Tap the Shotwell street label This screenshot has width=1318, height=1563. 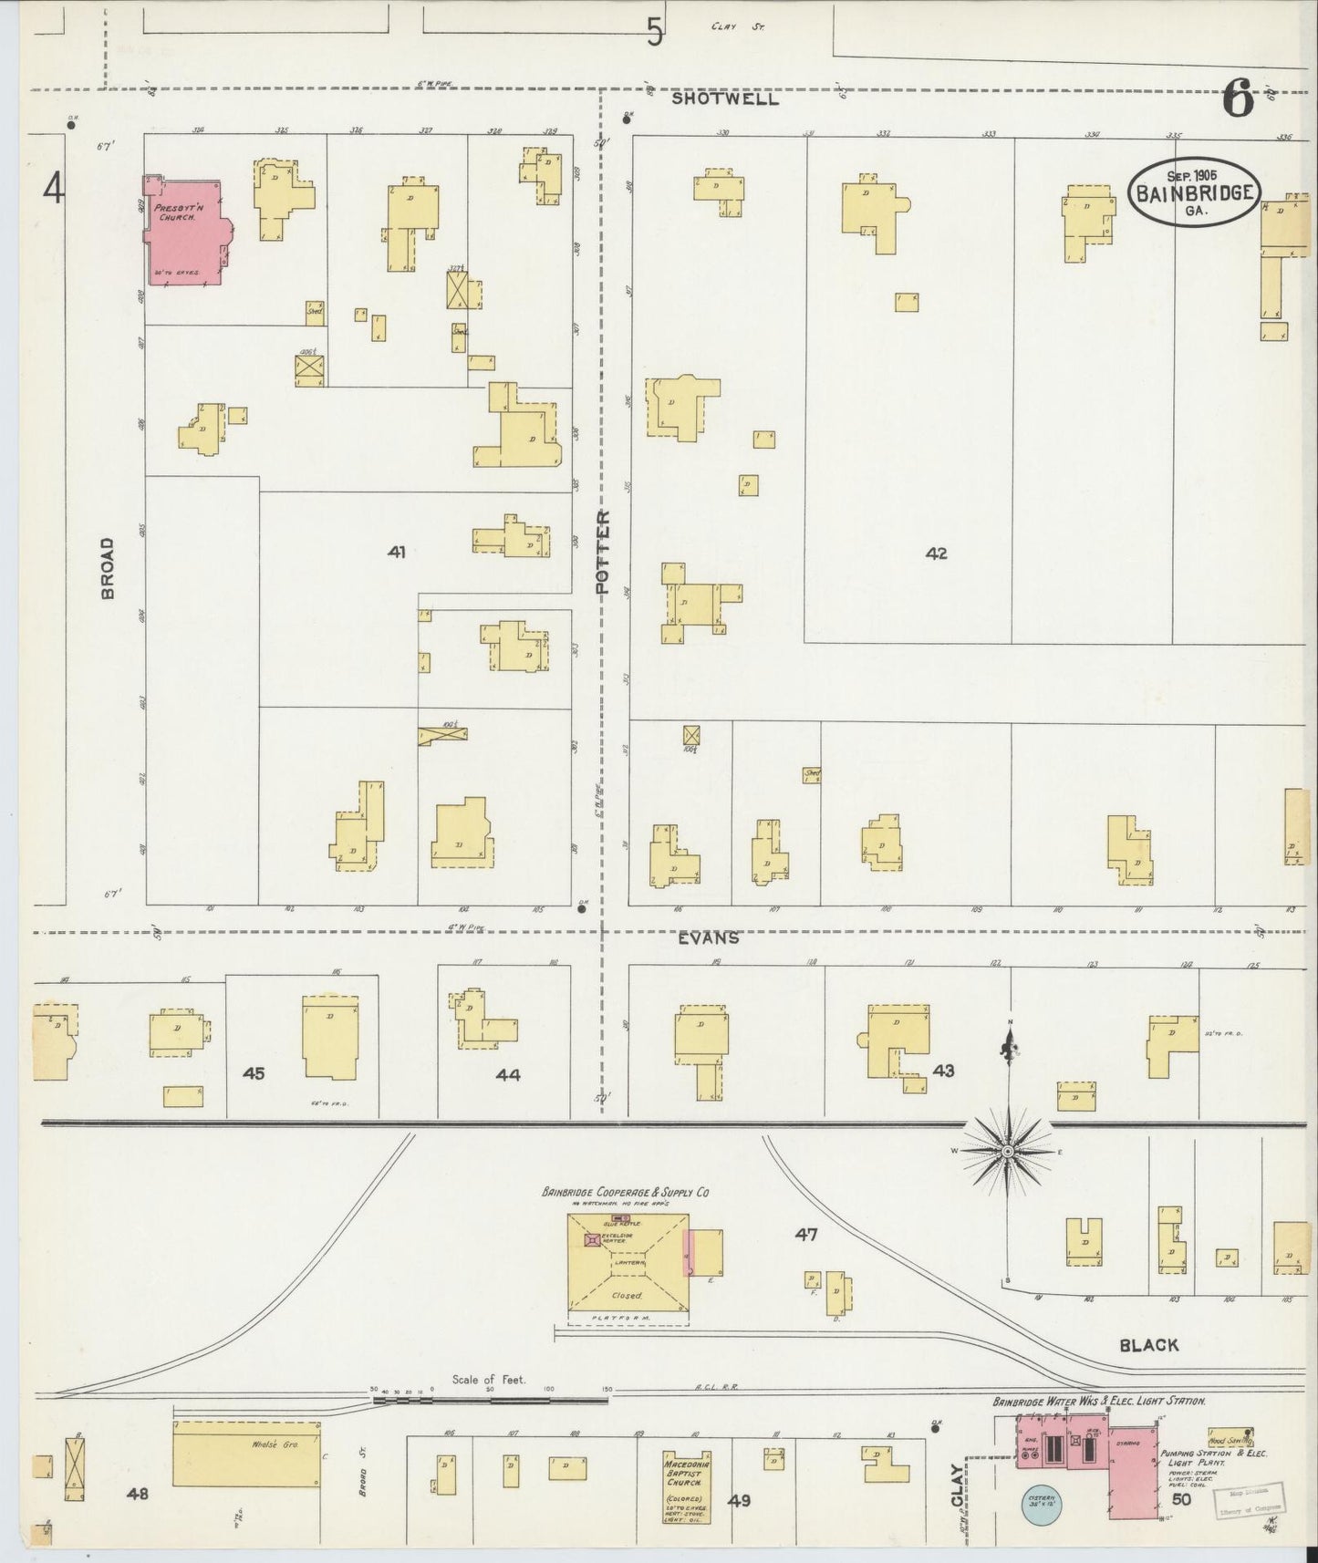(x=725, y=98)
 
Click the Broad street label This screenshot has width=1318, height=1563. (x=109, y=567)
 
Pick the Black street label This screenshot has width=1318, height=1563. (x=1149, y=1344)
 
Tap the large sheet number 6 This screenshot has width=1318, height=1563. (x=1237, y=98)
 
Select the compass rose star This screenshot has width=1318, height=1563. (x=1008, y=1152)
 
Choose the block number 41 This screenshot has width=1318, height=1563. (x=396, y=552)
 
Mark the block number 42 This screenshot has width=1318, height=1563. (x=936, y=553)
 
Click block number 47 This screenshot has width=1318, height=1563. (x=805, y=1235)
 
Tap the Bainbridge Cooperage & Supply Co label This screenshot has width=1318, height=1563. (x=626, y=1192)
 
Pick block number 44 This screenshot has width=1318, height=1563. (x=508, y=1075)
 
